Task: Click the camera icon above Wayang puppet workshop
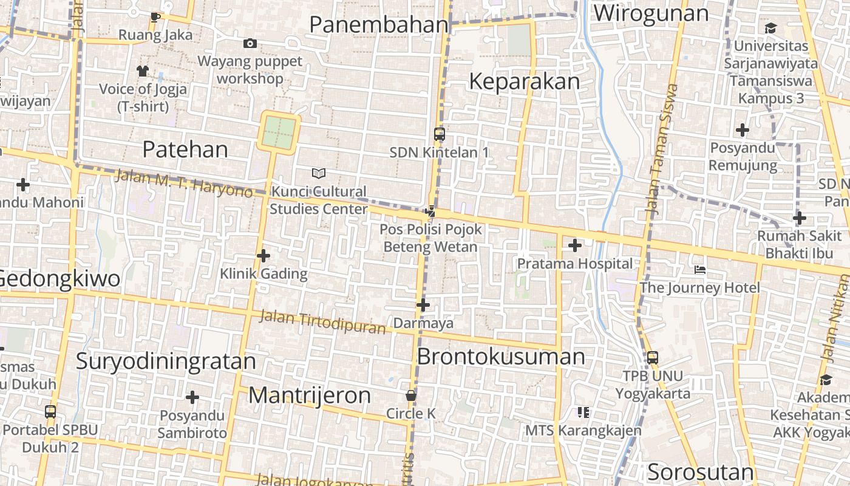tap(250, 43)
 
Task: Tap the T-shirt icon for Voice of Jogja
tap(143, 71)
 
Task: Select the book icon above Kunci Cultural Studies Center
tap(319, 174)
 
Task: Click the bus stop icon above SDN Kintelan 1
tap(440, 134)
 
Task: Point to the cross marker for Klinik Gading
tap(263, 256)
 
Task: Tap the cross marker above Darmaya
tap(423, 305)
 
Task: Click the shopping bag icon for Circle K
tap(411, 396)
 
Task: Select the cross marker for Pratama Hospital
tap(574, 245)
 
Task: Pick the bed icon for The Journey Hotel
tap(700, 269)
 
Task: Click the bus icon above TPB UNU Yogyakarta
tap(653, 358)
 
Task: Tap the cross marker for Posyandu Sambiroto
tap(192, 398)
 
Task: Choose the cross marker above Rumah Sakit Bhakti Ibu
tap(800, 218)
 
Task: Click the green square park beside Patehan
tap(279, 132)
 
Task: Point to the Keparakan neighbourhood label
tap(525, 81)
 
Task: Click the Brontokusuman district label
tap(501, 357)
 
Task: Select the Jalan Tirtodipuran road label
tap(322, 322)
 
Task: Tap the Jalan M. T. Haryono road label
tap(183, 183)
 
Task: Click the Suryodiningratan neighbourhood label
tap(166, 361)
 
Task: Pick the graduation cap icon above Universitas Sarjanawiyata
tap(770, 28)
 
